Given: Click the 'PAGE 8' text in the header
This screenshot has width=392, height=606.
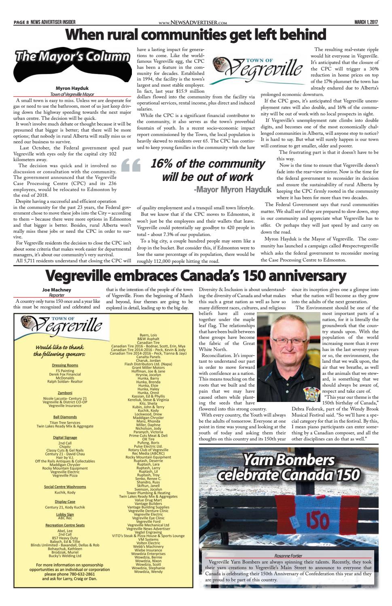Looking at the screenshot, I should click(x=21, y=22).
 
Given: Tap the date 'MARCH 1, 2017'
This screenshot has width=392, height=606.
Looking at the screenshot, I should click(x=366, y=22).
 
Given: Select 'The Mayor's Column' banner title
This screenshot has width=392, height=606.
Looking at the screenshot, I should click(x=72, y=57).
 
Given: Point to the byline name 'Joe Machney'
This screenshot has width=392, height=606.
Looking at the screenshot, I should click(x=56, y=290).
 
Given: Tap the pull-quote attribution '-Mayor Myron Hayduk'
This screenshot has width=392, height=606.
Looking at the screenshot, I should click(x=233, y=189).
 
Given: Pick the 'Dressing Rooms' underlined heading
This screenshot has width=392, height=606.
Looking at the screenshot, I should click(x=65, y=365).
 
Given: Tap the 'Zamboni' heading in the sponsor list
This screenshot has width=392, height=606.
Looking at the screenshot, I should click(x=65, y=393).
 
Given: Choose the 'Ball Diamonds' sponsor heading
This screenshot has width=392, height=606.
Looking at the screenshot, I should click(x=65, y=417).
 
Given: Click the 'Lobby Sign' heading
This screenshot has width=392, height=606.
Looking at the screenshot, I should click(x=65, y=514).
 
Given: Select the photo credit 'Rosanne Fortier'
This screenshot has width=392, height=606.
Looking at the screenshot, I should click(x=288, y=556).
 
